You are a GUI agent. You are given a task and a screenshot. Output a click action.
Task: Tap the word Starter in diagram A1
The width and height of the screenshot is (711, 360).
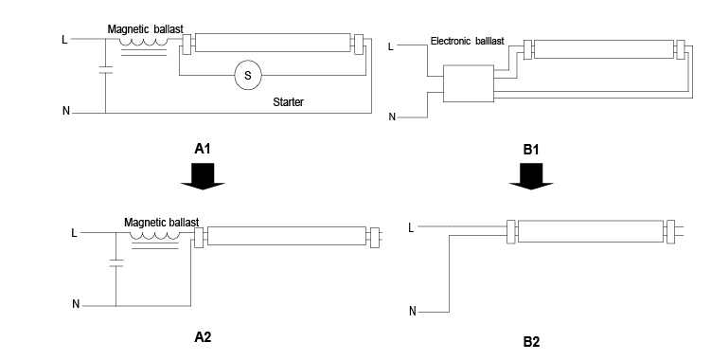[288, 102]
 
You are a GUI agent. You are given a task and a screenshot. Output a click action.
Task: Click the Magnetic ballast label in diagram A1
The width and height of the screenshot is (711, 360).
[146, 29]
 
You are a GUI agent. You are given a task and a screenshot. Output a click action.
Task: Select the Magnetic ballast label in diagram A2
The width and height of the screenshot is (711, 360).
[162, 223]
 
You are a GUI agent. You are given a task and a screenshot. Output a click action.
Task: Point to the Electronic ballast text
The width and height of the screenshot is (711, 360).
[467, 42]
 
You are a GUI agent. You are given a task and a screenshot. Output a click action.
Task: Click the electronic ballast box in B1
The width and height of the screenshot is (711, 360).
[469, 83]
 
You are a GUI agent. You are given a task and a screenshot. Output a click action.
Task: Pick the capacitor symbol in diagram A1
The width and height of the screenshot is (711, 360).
[106, 69]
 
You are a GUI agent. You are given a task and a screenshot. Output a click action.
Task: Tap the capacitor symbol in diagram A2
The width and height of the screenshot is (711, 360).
[116, 262]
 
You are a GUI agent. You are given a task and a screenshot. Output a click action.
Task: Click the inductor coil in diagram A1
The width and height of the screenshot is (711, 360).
[143, 43]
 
